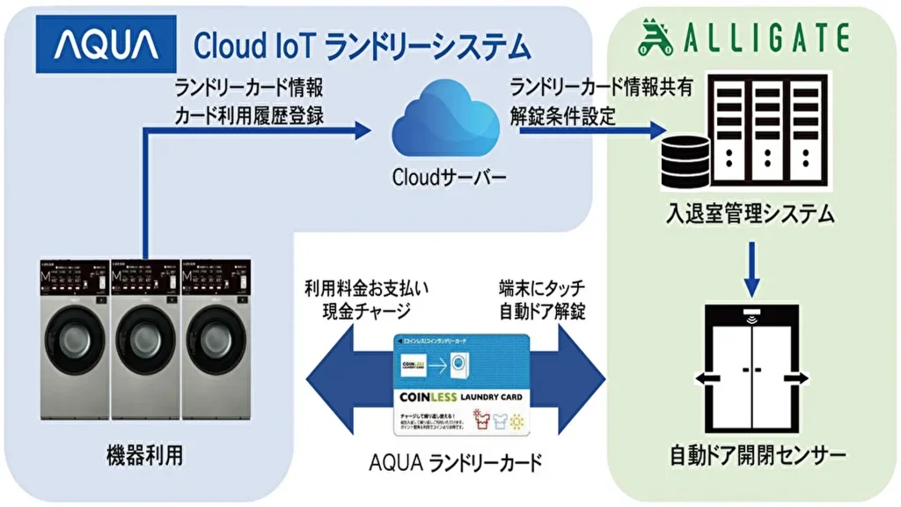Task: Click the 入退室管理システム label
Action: click(x=751, y=214)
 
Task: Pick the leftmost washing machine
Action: click(x=73, y=339)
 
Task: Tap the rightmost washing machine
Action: click(x=216, y=339)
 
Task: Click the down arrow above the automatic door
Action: click(x=751, y=268)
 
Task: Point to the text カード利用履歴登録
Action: click(x=249, y=114)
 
